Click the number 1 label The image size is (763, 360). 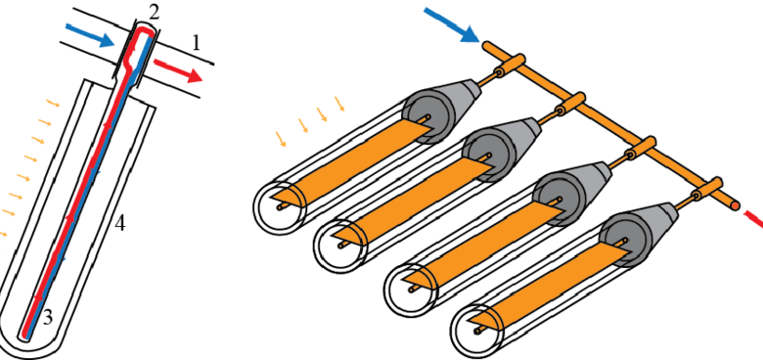(x=196, y=44)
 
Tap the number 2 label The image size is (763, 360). (x=154, y=13)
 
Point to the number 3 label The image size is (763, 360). (x=47, y=318)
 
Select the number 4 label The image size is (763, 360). (x=119, y=224)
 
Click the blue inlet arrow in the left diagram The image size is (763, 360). (x=89, y=34)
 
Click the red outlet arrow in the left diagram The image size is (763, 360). (x=178, y=69)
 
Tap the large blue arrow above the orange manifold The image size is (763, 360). (x=452, y=25)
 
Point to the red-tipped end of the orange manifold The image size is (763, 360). (x=736, y=206)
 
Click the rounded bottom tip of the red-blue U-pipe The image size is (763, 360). (x=22, y=337)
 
